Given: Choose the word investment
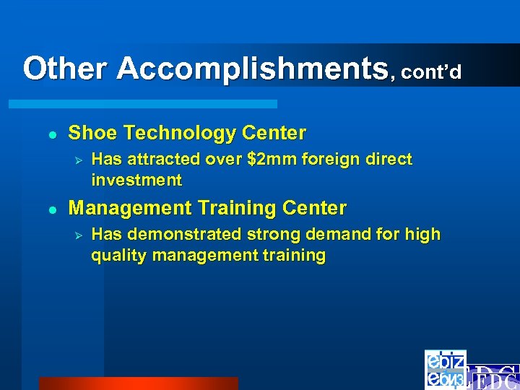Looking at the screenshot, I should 136,179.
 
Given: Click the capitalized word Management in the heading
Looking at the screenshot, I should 126,208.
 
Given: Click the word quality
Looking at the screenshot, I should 118,255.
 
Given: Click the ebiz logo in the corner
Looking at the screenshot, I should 445,369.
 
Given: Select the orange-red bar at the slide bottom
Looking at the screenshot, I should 137,383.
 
